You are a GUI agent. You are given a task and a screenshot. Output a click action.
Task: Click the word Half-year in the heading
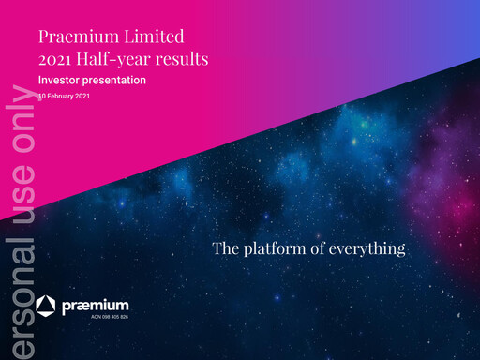point(116,60)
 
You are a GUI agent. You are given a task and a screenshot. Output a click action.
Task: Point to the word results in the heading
point(183,60)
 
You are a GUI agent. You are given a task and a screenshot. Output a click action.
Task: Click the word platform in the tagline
point(276,249)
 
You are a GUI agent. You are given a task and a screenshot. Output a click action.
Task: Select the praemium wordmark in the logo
point(95,307)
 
